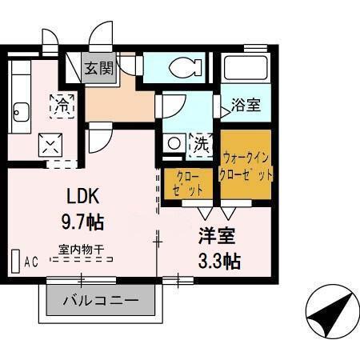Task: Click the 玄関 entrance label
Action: click(x=101, y=68)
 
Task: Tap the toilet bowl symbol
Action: click(x=183, y=66)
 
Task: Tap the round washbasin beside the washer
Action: click(x=174, y=144)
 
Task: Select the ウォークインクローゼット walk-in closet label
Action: click(x=248, y=166)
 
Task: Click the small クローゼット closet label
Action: click(x=187, y=182)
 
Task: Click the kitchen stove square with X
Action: click(x=49, y=145)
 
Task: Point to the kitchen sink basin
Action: click(x=19, y=112)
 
